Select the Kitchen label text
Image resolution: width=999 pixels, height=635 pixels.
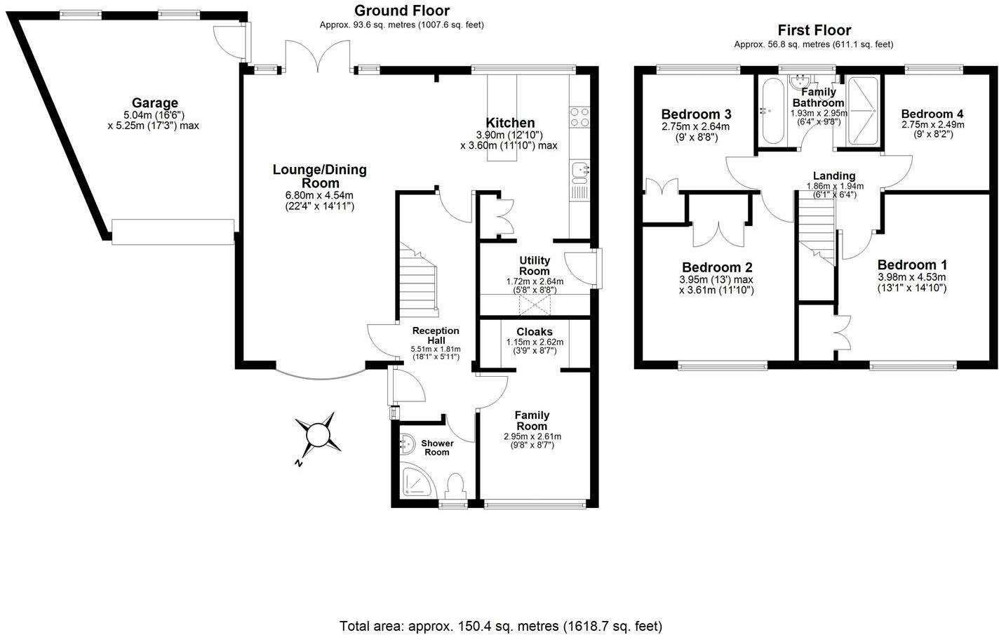click(x=510, y=123)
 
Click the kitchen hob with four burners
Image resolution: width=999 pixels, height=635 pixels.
click(x=579, y=117)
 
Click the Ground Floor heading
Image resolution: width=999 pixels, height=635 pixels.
click(x=401, y=11)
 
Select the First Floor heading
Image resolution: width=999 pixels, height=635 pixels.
click(x=814, y=30)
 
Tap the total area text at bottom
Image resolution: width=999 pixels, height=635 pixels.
click(x=500, y=625)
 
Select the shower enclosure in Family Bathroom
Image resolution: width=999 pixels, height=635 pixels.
click(x=862, y=111)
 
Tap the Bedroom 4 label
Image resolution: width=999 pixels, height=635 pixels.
click(x=932, y=114)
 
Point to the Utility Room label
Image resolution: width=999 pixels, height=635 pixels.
click(x=534, y=266)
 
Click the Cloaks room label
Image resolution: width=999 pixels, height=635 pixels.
click(x=534, y=332)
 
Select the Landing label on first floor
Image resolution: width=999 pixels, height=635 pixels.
click(x=833, y=176)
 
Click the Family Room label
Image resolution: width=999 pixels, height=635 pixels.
click(x=532, y=420)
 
